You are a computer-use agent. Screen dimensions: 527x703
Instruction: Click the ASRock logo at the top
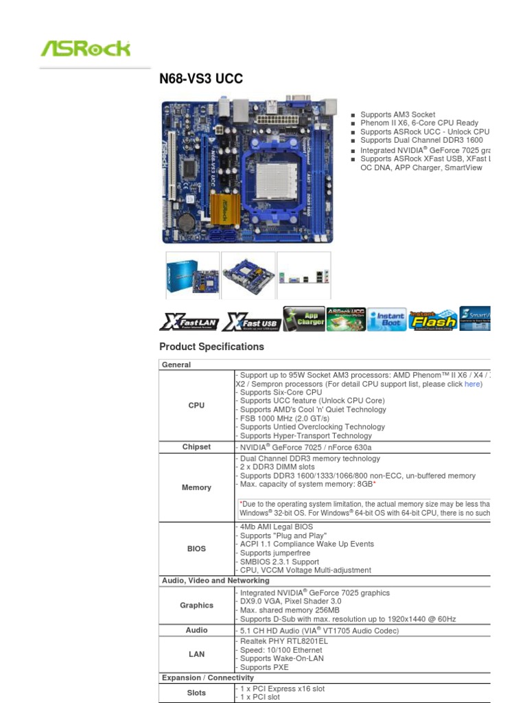[x=86, y=49]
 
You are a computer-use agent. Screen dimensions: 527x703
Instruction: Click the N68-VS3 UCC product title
[x=201, y=79]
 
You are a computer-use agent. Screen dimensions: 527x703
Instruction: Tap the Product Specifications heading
[x=211, y=347]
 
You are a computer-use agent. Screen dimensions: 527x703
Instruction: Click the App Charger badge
[x=304, y=319]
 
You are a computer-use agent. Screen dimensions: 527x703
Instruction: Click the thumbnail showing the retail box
[x=193, y=275]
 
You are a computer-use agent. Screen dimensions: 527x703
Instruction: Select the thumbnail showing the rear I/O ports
[x=304, y=275]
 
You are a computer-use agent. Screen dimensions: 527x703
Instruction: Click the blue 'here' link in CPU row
[x=473, y=384]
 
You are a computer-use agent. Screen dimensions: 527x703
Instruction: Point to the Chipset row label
[x=196, y=447]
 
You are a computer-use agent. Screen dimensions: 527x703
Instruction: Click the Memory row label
[x=196, y=487]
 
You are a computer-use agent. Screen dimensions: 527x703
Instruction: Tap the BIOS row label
[x=196, y=549]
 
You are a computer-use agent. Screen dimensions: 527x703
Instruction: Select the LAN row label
[x=196, y=654]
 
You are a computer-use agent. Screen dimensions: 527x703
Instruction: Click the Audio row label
[x=196, y=630]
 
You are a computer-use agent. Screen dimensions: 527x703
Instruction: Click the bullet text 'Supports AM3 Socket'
[x=397, y=115]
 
